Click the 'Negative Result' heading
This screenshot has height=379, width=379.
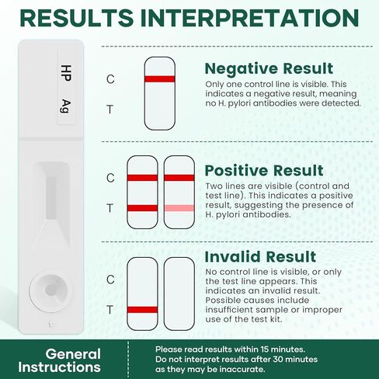(x=269, y=68)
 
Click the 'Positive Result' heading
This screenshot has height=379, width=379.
(x=264, y=171)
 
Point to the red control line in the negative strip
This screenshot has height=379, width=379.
(x=158, y=79)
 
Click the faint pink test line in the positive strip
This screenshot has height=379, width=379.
(x=179, y=208)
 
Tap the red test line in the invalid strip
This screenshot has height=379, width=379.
(x=142, y=309)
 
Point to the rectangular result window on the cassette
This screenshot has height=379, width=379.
(x=51, y=194)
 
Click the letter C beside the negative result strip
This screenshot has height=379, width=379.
(x=110, y=79)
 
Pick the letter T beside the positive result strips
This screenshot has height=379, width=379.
(x=110, y=208)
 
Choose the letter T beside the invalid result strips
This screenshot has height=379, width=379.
(x=110, y=309)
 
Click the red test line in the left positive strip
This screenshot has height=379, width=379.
(x=142, y=208)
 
